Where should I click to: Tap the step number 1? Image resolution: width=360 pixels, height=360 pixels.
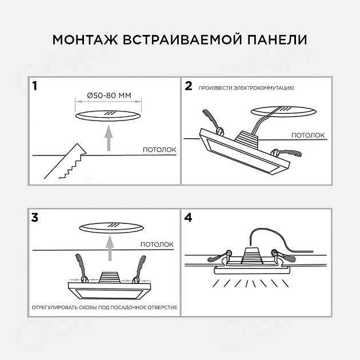(x=35, y=87)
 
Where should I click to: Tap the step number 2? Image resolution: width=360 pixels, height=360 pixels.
(x=189, y=86)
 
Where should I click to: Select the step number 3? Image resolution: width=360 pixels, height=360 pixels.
(x=35, y=218)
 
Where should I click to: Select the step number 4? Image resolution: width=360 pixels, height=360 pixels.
(x=189, y=218)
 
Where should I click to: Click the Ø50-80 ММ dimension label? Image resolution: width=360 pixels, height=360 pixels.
(x=108, y=95)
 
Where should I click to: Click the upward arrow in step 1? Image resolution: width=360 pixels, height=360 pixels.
(x=108, y=137)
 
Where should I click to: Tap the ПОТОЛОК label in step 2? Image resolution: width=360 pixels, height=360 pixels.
(x=308, y=135)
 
